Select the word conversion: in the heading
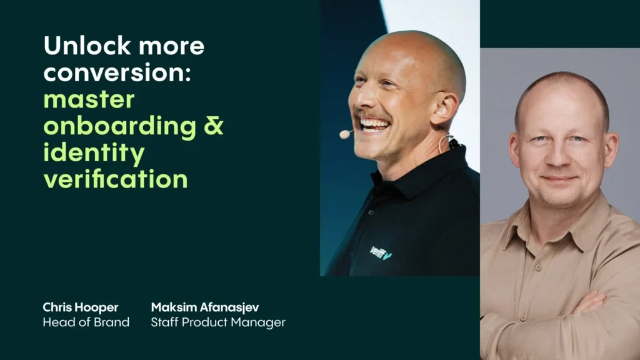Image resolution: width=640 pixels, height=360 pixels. pos(117,72)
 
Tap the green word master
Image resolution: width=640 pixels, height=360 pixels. pos(89,99)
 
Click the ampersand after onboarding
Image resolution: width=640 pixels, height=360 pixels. pos(214,126)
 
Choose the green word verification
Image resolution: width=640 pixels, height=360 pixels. pos(116,179)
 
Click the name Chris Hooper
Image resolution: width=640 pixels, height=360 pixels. pos(81,307)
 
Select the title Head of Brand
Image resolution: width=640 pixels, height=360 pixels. pos(86,322)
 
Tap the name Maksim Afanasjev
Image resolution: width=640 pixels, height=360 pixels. pos(205,307)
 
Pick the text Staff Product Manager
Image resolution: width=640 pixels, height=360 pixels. pos(218,322)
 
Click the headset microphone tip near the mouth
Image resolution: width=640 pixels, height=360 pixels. pos(345,134)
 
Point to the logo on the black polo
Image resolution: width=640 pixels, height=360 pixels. pos(381,252)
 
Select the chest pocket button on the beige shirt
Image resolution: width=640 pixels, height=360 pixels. pos(538,267)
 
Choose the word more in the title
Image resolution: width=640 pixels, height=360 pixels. pos(171,46)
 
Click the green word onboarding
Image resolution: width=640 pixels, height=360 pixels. pos(119,126)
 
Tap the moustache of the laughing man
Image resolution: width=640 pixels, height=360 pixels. pos(372,115)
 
